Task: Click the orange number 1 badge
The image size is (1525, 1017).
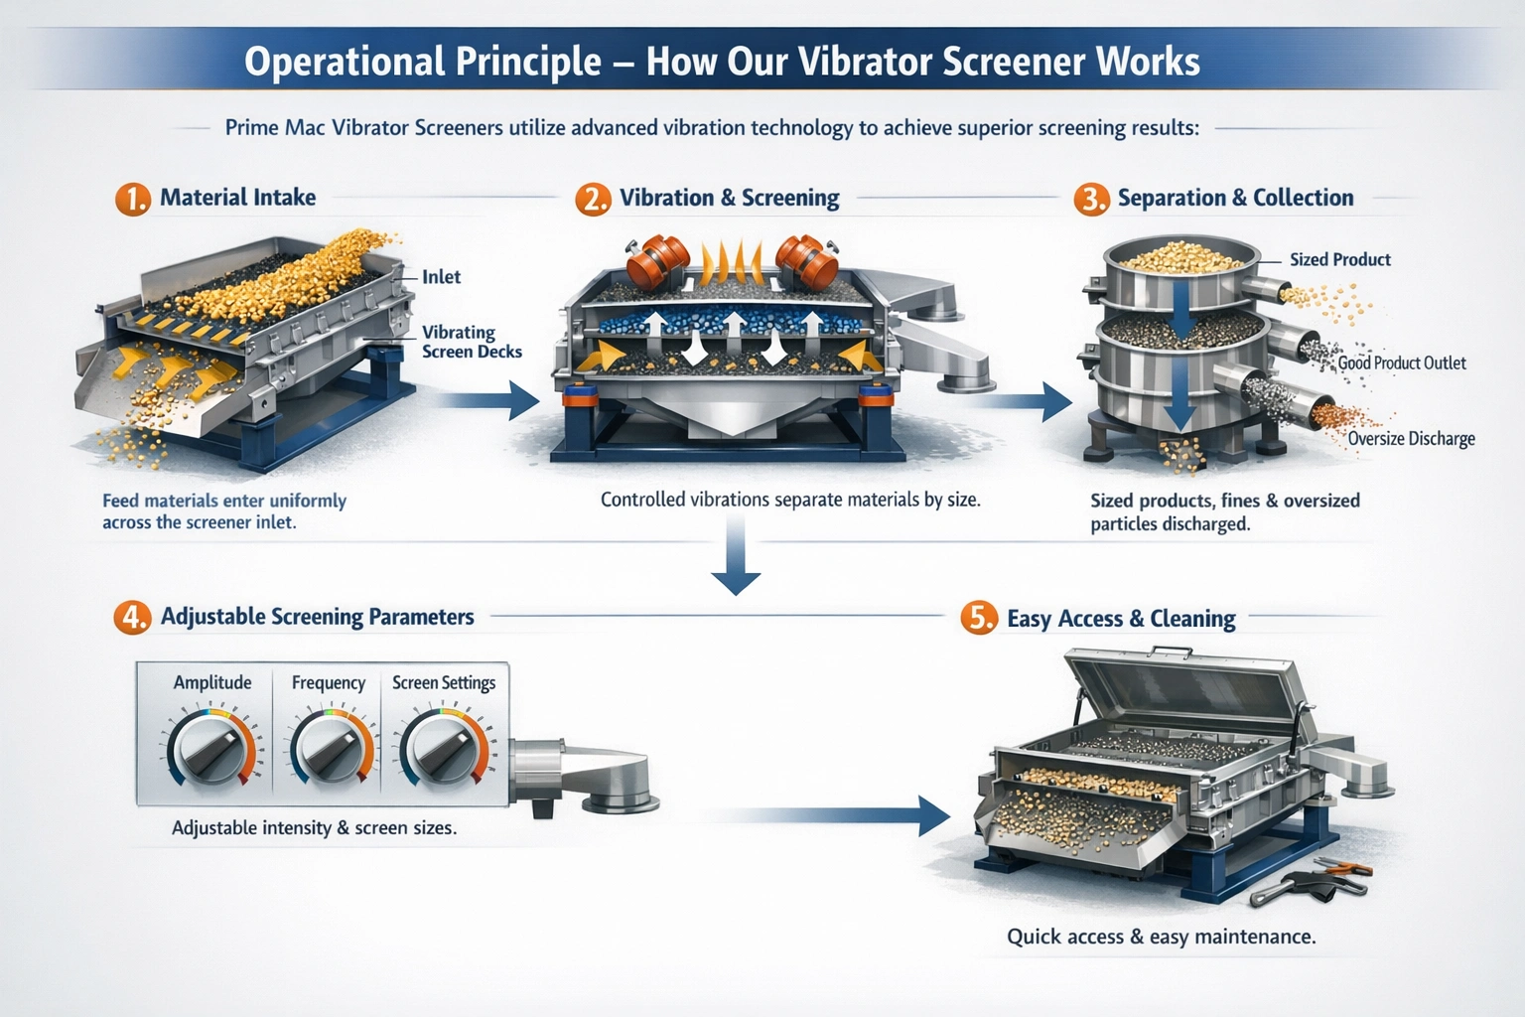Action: (133, 199)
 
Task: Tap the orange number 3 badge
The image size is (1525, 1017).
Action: (1091, 199)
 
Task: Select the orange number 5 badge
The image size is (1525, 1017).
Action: (979, 618)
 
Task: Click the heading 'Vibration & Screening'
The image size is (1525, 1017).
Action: (729, 199)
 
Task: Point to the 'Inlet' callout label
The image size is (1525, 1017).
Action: (441, 276)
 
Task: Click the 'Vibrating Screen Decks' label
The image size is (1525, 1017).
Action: (472, 342)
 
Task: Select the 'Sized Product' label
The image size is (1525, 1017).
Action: (1339, 259)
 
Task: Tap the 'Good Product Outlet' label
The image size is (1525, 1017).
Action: (1402, 363)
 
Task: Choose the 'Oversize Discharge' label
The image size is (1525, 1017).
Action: (1411, 439)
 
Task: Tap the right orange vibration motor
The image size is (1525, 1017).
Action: (807, 261)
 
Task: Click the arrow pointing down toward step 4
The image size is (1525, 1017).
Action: (736, 554)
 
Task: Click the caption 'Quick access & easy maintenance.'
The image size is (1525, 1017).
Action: (1162, 937)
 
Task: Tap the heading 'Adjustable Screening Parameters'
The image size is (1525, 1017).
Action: (318, 617)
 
